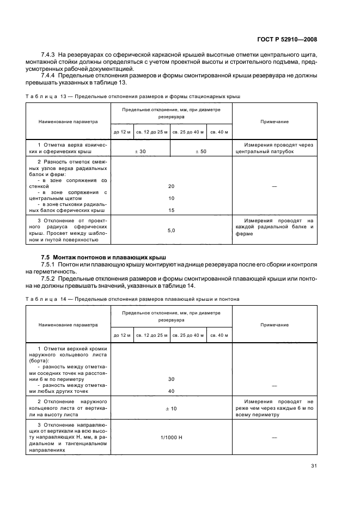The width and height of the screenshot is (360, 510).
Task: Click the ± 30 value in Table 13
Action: point(140,151)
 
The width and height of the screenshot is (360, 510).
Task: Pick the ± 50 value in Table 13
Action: point(201,151)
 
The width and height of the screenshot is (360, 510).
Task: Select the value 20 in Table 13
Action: point(171,186)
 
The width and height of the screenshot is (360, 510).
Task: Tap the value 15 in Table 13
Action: point(171,210)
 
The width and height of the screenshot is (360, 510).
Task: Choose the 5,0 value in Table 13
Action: point(171,230)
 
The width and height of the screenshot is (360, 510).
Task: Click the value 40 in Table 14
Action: point(171,391)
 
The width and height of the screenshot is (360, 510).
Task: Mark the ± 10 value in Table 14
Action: point(171,408)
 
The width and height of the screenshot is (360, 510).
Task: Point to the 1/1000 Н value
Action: point(171,437)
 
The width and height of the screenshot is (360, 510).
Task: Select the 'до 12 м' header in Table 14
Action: point(122,335)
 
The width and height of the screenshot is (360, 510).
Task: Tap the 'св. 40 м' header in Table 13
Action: point(219,132)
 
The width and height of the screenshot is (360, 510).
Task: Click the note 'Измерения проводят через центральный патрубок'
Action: point(274,148)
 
